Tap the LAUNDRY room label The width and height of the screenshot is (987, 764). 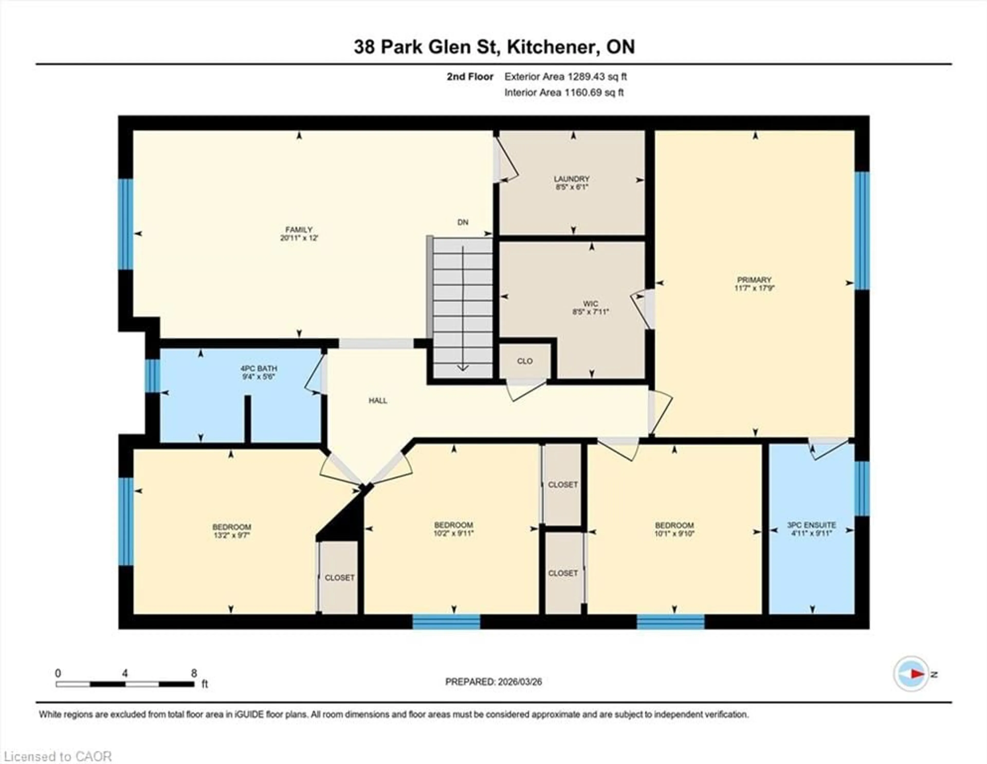point(572,179)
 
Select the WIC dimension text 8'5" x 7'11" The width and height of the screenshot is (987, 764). point(591,312)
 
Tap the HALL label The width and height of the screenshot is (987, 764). point(378,400)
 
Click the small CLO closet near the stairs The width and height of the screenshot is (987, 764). point(525,361)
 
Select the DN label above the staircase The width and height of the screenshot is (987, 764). point(463,222)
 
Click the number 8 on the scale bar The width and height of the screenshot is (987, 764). point(194,673)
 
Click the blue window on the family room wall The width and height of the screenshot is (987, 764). point(126,224)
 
